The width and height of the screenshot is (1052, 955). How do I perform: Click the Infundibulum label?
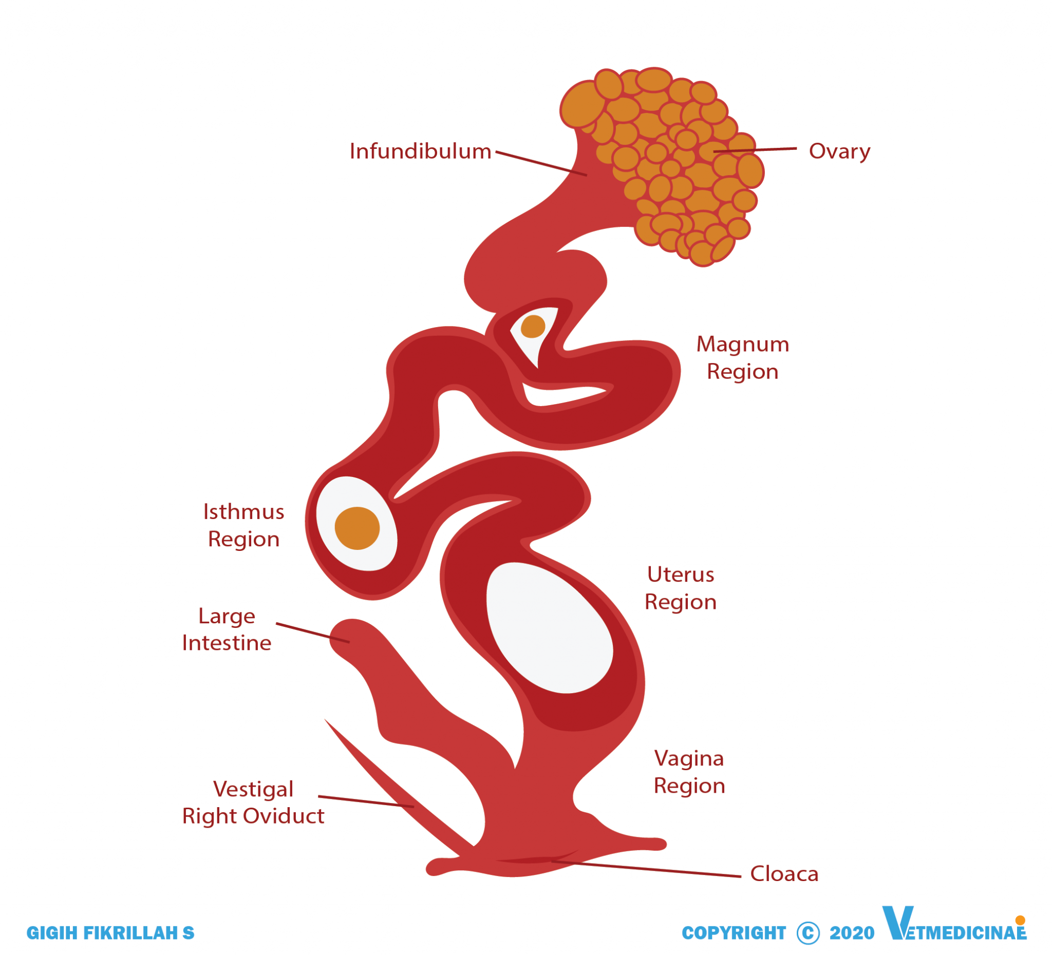click(421, 151)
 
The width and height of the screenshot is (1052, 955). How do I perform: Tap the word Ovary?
click(840, 152)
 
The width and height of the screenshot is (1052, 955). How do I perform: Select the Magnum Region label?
click(743, 358)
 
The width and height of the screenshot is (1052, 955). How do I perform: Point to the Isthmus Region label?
click(243, 525)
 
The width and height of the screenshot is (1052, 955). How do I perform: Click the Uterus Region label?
click(681, 588)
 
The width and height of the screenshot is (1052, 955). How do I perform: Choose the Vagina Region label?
click(689, 772)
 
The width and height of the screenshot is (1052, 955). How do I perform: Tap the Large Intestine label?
click(227, 629)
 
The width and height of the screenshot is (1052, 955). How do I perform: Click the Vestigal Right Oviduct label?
click(253, 803)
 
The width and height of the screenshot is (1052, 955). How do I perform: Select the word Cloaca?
click(784, 874)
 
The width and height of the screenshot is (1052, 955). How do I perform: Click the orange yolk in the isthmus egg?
click(357, 528)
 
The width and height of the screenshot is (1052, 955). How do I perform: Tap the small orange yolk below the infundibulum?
click(533, 327)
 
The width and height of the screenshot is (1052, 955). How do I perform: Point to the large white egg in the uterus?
click(550, 627)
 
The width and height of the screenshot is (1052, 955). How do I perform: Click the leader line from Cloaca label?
click(646, 869)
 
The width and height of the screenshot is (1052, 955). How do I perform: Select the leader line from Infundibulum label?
click(541, 163)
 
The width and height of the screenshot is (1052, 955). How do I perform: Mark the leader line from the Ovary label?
click(755, 150)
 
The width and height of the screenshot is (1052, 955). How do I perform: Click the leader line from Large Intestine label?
click(313, 633)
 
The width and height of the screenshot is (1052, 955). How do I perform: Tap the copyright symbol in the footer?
click(809, 933)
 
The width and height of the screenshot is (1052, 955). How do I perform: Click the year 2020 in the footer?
click(852, 933)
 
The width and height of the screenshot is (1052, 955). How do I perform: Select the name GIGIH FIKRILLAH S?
click(110, 933)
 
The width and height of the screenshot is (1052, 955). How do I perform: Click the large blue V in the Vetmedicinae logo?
click(897, 923)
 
